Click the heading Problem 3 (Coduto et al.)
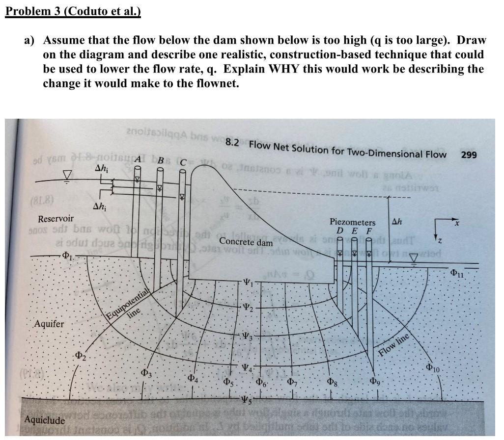point(73,11)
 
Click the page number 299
point(470,155)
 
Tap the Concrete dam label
point(246,241)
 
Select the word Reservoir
point(56,218)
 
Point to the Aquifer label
point(49,324)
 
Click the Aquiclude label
point(45,420)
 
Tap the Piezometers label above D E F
point(352,222)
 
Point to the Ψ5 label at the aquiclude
point(249,398)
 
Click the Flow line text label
point(394,346)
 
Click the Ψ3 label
point(249,336)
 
